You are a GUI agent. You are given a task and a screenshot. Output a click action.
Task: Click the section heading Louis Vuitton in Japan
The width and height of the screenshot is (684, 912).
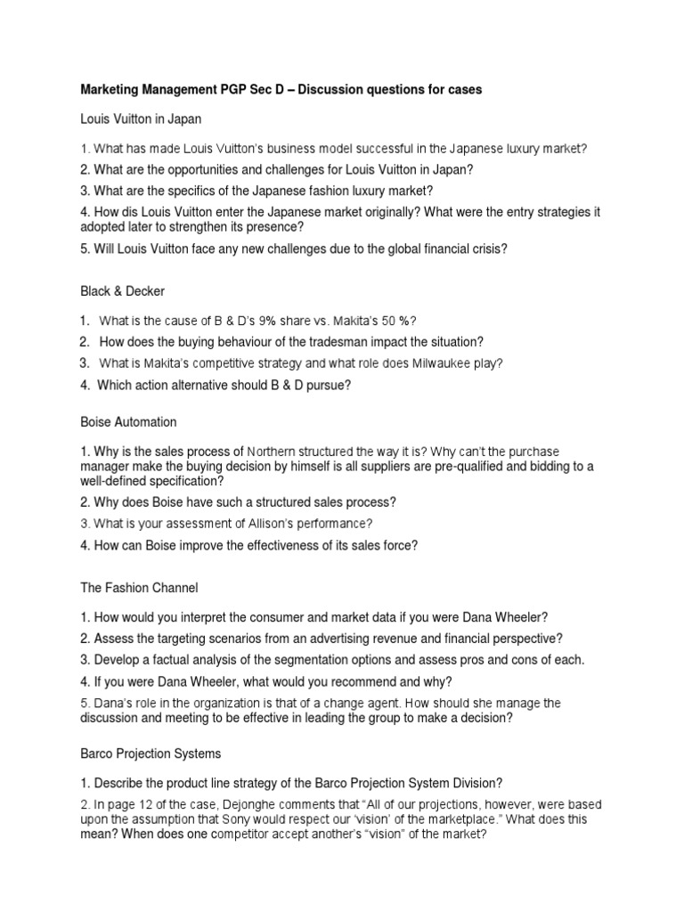(142, 119)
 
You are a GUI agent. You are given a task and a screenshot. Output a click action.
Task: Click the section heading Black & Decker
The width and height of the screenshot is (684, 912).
(122, 290)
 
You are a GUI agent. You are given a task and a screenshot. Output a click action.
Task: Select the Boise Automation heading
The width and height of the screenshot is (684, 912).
(128, 421)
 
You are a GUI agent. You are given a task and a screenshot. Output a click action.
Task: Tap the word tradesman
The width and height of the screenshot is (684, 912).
(351, 342)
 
